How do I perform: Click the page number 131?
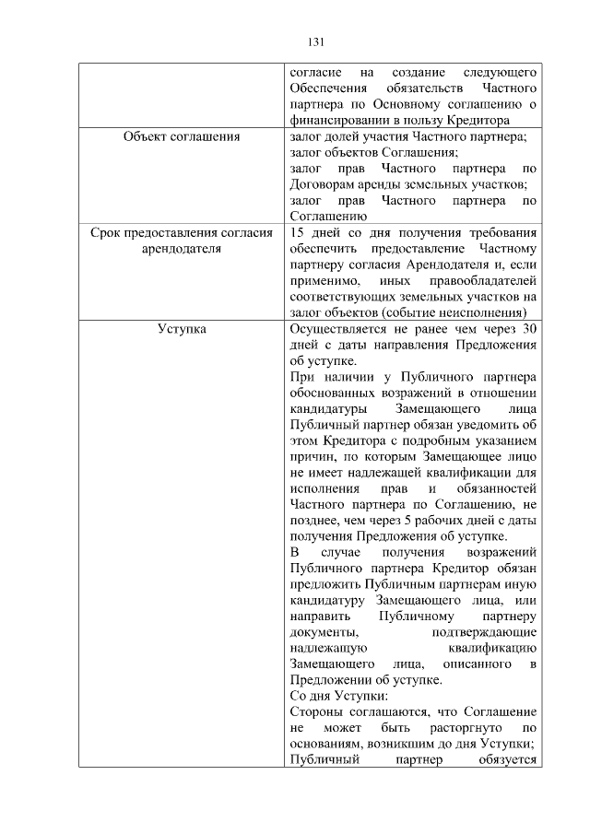[314, 41]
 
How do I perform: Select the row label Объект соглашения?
[181, 137]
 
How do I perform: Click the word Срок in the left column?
[109, 233]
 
